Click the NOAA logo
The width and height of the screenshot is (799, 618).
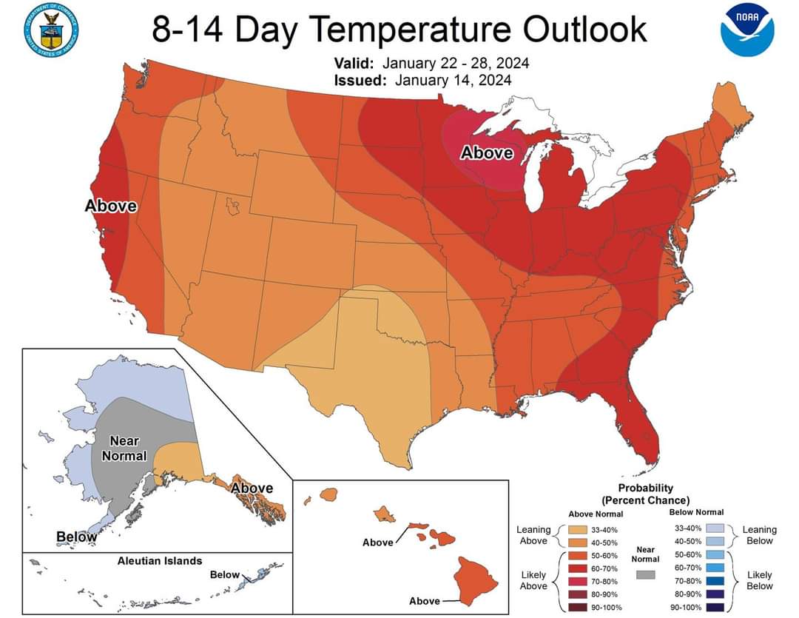click(747, 29)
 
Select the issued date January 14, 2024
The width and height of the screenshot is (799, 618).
click(453, 80)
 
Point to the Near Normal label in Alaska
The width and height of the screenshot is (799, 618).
click(124, 449)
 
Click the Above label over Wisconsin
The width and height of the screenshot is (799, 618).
click(486, 153)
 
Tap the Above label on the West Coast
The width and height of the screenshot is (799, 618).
click(111, 206)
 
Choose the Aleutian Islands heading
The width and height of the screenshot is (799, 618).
click(160, 561)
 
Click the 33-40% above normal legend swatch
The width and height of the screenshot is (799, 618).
click(578, 530)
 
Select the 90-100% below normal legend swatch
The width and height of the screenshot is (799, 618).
click(715, 608)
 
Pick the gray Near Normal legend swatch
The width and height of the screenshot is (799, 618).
click(646, 574)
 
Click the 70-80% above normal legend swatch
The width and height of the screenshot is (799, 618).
click(578, 582)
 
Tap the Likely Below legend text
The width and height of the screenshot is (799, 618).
click(760, 580)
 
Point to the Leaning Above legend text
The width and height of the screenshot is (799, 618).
click(533, 535)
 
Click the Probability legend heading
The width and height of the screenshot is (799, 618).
click(646, 494)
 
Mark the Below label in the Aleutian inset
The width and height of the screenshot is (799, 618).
click(225, 575)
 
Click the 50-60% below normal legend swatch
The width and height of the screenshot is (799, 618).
click(715, 554)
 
